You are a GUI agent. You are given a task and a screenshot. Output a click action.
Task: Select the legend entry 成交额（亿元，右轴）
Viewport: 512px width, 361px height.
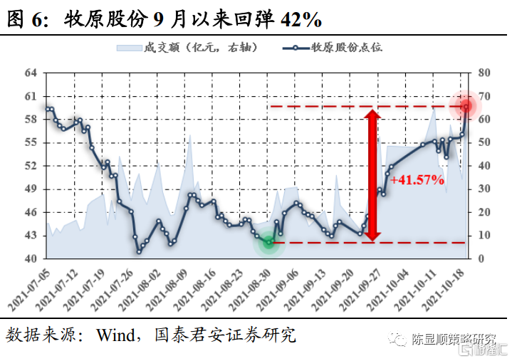pos(187,48)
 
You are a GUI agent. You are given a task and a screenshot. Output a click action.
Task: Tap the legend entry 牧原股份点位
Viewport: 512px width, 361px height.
pos(338,48)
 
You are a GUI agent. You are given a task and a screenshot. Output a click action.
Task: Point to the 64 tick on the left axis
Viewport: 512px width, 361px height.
pos(30,73)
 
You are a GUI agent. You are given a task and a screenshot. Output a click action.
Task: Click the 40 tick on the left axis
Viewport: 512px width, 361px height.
pos(30,258)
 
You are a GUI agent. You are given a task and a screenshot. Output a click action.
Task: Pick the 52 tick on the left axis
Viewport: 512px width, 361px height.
pos(30,166)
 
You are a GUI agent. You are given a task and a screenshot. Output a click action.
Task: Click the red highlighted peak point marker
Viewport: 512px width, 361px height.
pos(466,106)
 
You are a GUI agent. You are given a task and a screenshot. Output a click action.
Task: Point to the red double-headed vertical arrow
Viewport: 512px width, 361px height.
pos(372,174)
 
